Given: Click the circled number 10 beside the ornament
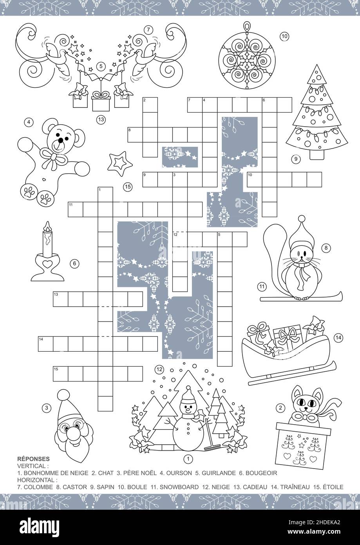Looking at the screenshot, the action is coord(284,36).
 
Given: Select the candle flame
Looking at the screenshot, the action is coord(47,226).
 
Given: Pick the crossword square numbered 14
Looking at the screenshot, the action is coord(45,343).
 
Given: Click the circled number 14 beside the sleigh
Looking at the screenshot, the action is coord(338,337).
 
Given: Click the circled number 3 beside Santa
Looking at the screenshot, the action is coord(47,408).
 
